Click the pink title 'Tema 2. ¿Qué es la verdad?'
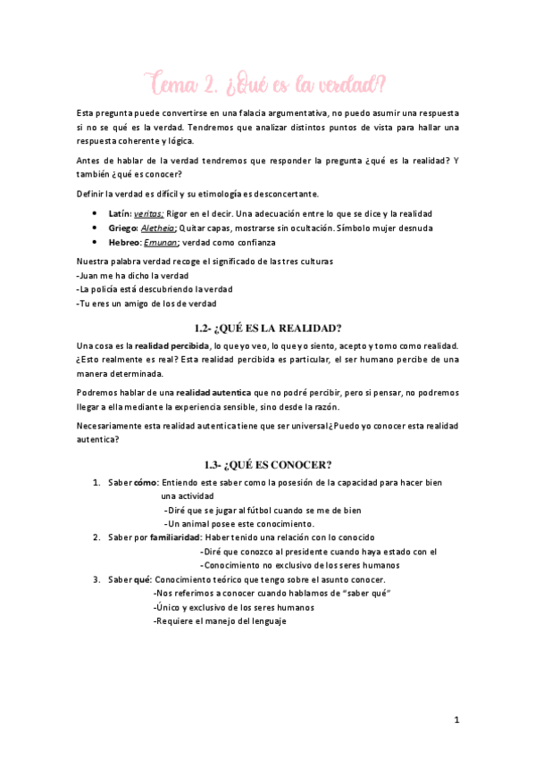267,86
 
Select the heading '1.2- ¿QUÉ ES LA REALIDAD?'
267,327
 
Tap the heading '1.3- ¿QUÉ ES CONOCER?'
267,464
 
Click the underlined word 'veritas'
148,214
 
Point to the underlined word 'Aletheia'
158,228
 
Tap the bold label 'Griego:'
122,228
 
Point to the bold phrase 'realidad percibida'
172,345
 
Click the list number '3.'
96,579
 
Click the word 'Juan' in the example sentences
90,277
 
